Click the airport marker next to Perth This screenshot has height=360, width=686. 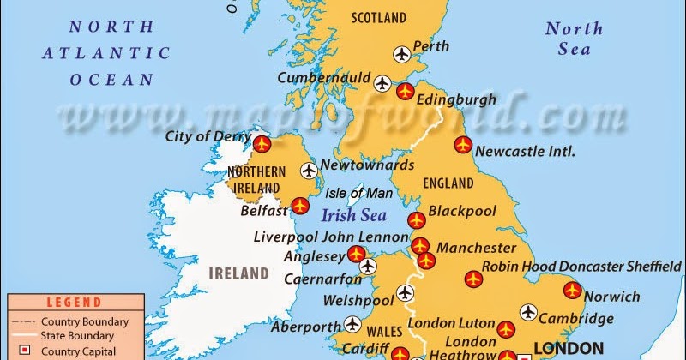pyautogui.click(x=401, y=55)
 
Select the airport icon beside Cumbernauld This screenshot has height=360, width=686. pyautogui.click(x=382, y=83)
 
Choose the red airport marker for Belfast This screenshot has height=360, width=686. pyautogui.click(x=299, y=206)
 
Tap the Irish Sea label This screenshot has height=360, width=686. pyautogui.click(x=353, y=215)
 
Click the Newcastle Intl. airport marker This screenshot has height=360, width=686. pyautogui.click(x=463, y=144)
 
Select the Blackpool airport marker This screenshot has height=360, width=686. pyautogui.click(x=416, y=219)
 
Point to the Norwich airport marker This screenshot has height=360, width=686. pyautogui.click(x=572, y=291)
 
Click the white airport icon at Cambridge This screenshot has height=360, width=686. pyautogui.click(x=527, y=311)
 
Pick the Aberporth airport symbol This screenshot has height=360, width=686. pyautogui.click(x=352, y=324)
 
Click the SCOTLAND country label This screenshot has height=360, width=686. pyautogui.click(x=378, y=17)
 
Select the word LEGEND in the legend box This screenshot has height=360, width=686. pyautogui.click(x=74, y=303)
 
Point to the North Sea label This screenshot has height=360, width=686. pyautogui.click(x=574, y=39)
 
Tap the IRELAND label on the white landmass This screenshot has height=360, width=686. pyautogui.click(x=239, y=274)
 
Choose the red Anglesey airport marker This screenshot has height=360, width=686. pyautogui.click(x=356, y=254)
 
